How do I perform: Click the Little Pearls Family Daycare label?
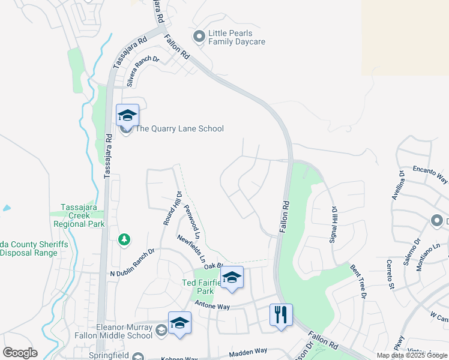[x=237, y=37]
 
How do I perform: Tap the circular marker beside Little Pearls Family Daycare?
[x=199, y=37]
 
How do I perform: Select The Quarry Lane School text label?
[x=179, y=128]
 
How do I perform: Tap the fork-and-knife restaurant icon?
[x=281, y=314]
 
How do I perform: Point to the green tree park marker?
[x=124, y=240]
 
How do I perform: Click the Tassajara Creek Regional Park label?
[x=79, y=215]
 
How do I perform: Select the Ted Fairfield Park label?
[x=197, y=287]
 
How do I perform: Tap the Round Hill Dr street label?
[x=172, y=207]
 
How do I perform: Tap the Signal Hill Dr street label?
[x=334, y=224]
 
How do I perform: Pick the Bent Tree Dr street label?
[x=357, y=281]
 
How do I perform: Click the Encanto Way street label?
[x=430, y=174]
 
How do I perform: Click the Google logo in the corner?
[x=20, y=353]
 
